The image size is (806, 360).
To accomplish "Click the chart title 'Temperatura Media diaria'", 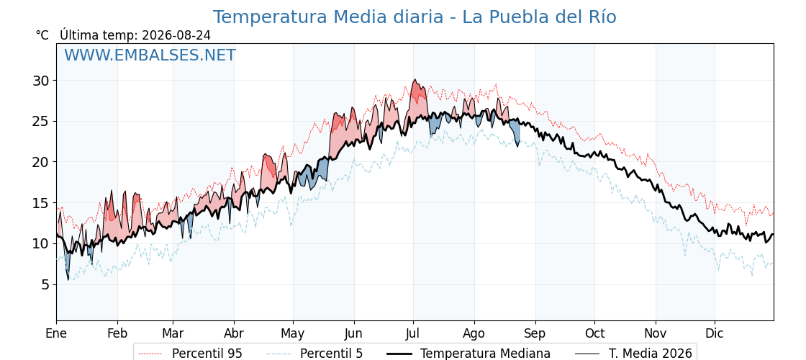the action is (328, 17).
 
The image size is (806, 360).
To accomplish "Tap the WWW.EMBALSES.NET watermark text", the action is (150, 55).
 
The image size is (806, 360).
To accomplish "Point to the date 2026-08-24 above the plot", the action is (176, 35).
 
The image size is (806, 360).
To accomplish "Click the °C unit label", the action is (42, 35).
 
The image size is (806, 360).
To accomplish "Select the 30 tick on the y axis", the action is (42, 81).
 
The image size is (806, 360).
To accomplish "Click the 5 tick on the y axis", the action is (47, 284).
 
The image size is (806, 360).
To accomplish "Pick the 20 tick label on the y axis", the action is (42, 162).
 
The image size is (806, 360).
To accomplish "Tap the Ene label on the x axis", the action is (57, 333).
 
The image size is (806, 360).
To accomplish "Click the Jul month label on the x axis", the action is (413, 333).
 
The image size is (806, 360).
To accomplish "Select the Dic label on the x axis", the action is (715, 333).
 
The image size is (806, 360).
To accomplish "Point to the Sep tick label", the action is (535, 333).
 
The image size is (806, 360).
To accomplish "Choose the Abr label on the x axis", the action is (234, 333).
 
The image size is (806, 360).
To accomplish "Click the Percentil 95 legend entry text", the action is (207, 354).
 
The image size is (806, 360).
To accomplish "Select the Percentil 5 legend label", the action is (332, 354).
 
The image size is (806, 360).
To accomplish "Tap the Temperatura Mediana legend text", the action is (485, 354).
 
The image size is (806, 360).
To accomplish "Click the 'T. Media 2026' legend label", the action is (651, 354).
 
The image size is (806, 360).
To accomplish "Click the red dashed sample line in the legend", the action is (150, 354).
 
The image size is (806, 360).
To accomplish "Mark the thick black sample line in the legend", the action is (399, 354).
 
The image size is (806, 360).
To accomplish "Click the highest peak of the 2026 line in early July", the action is (415, 80).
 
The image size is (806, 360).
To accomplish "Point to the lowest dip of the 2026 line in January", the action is (68, 280).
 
